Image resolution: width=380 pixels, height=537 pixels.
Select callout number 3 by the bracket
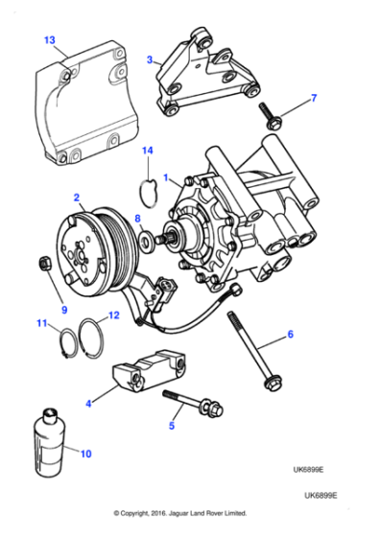[150, 59]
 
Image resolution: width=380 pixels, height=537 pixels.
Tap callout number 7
[312, 99]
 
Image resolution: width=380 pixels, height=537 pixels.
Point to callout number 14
[147, 151]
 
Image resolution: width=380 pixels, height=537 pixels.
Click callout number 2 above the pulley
[76, 198]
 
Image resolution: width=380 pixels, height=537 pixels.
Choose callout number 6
[292, 336]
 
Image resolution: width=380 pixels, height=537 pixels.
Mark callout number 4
[89, 404]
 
